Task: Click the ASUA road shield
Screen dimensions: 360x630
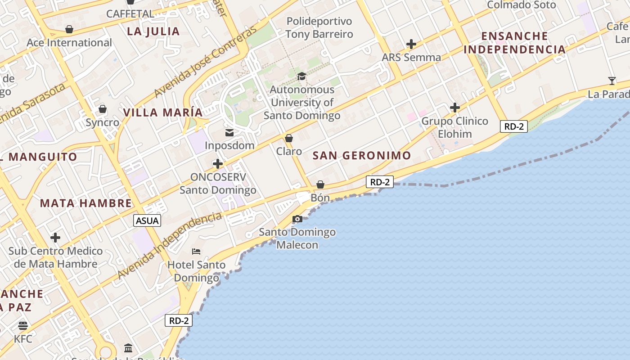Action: click(147, 220)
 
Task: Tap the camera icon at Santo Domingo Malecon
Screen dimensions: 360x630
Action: click(297, 219)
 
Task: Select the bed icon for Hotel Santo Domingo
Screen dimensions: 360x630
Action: click(196, 251)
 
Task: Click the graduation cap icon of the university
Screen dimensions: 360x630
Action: click(301, 76)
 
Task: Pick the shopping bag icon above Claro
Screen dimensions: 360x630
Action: click(289, 138)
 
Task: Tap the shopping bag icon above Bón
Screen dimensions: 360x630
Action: click(320, 184)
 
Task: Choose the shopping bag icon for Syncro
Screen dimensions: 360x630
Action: click(103, 109)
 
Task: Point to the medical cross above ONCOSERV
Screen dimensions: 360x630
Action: click(218, 163)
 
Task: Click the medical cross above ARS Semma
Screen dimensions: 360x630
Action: click(411, 44)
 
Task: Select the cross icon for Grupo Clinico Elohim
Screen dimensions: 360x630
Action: click(455, 108)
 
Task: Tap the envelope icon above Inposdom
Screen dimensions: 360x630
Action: click(229, 132)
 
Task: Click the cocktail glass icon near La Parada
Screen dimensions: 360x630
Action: click(612, 81)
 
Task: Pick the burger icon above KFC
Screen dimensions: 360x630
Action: click(23, 325)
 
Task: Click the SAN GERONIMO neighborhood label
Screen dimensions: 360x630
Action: click(362, 156)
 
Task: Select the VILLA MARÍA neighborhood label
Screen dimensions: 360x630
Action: click(163, 112)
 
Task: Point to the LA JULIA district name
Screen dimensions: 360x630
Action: click(153, 31)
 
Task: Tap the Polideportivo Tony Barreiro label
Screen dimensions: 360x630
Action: click(319, 27)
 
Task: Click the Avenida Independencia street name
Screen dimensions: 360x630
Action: click(169, 246)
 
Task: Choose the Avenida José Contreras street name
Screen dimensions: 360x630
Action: click(205, 62)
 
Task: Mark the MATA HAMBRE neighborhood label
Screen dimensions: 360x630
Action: click(85, 203)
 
